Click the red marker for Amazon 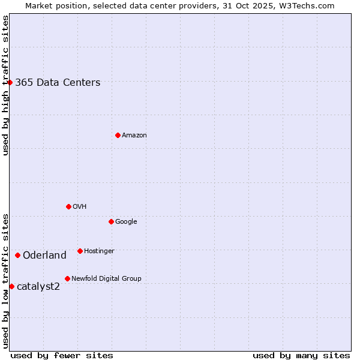click(x=118, y=135)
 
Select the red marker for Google click(x=111, y=221)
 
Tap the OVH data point click(x=68, y=206)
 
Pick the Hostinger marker click(x=80, y=251)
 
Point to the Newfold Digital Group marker click(x=67, y=278)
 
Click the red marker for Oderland click(x=17, y=255)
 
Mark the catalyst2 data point click(x=11, y=286)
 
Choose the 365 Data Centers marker click(x=10, y=82)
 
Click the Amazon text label click(x=134, y=136)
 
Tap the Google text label click(x=126, y=222)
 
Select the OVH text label click(x=80, y=207)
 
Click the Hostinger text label click(x=99, y=251)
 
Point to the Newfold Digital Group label click(x=106, y=279)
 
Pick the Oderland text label click(x=44, y=256)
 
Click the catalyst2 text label click(x=38, y=287)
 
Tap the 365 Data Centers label click(x=58, y=83)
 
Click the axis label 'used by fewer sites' click(x=62, y=355)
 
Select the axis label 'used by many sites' click(x=301, y=355)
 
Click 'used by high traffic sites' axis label click(x=5, y=86)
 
